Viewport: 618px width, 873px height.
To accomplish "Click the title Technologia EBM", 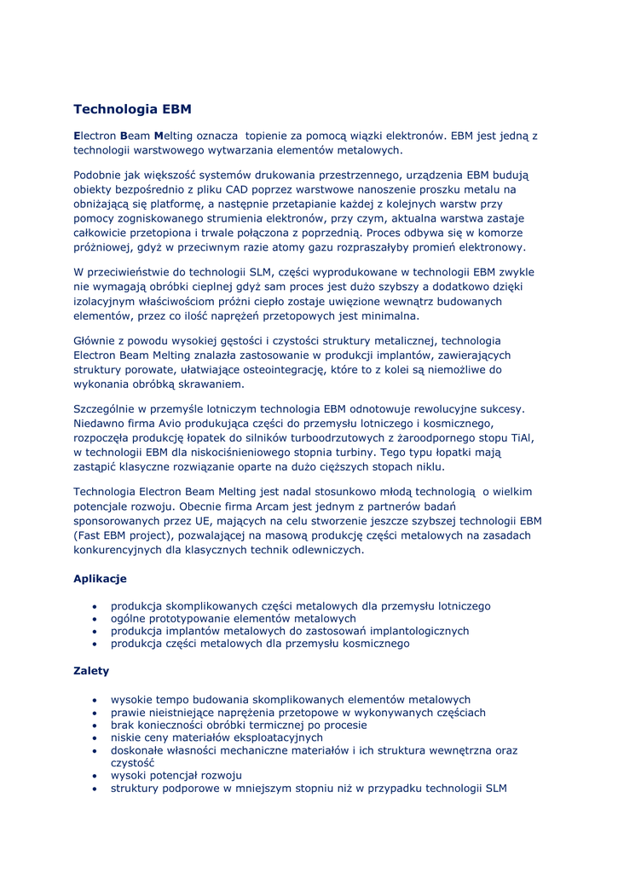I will tap(132, 109).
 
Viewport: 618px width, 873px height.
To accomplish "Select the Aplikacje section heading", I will tap(100, 578).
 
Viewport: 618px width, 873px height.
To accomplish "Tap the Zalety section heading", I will tap(91, 671).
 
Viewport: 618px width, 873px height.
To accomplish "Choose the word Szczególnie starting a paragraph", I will tap(107, 408).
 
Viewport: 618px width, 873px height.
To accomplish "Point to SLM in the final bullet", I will tap(496, 789).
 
